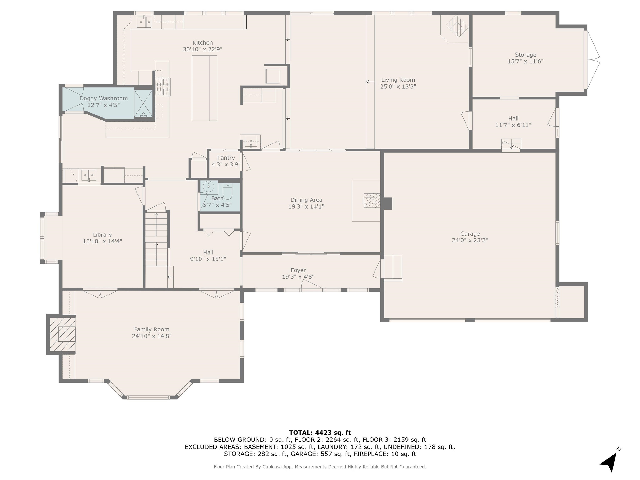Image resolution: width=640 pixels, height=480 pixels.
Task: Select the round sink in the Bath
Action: point(208,187)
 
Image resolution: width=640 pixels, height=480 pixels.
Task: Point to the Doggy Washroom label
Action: point(104,98)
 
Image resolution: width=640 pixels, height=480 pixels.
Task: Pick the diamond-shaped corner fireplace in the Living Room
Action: point(457,26)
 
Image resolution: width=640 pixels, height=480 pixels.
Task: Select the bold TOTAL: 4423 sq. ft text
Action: point(320,432)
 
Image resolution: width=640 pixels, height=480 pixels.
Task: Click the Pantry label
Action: point(226,158)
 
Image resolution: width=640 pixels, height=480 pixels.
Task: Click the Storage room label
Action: point(525,55)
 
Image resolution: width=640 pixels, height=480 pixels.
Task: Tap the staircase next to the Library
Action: point(156,239)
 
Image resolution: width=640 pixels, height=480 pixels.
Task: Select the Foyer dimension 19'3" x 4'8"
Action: point(298,277)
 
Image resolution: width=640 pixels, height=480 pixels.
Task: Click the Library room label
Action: point(102,235)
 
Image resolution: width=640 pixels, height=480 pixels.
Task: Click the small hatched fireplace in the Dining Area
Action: point(369,200)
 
